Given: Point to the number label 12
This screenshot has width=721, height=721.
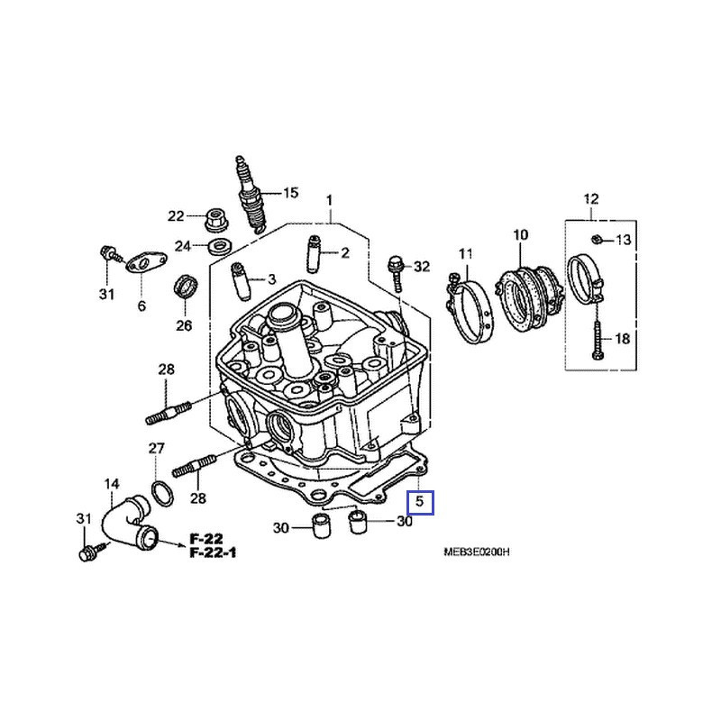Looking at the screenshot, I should pyautogui.click(x=590, y=198).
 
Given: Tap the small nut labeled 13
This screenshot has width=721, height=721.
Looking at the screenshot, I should pyautogui.click(x=598, y=239).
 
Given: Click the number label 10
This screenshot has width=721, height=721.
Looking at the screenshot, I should pyautogui.click(x=520, y=235).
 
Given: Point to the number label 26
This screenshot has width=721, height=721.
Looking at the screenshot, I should pyautogui.click(x=184, y=325).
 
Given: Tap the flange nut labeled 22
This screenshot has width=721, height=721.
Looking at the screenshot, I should pyautogui.click(x=215, y=216).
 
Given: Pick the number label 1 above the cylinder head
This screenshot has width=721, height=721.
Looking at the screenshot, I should pyautogui.click(x=330, y=198).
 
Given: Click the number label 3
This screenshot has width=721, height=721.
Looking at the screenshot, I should pyautogui.click(x=271, y=280).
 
